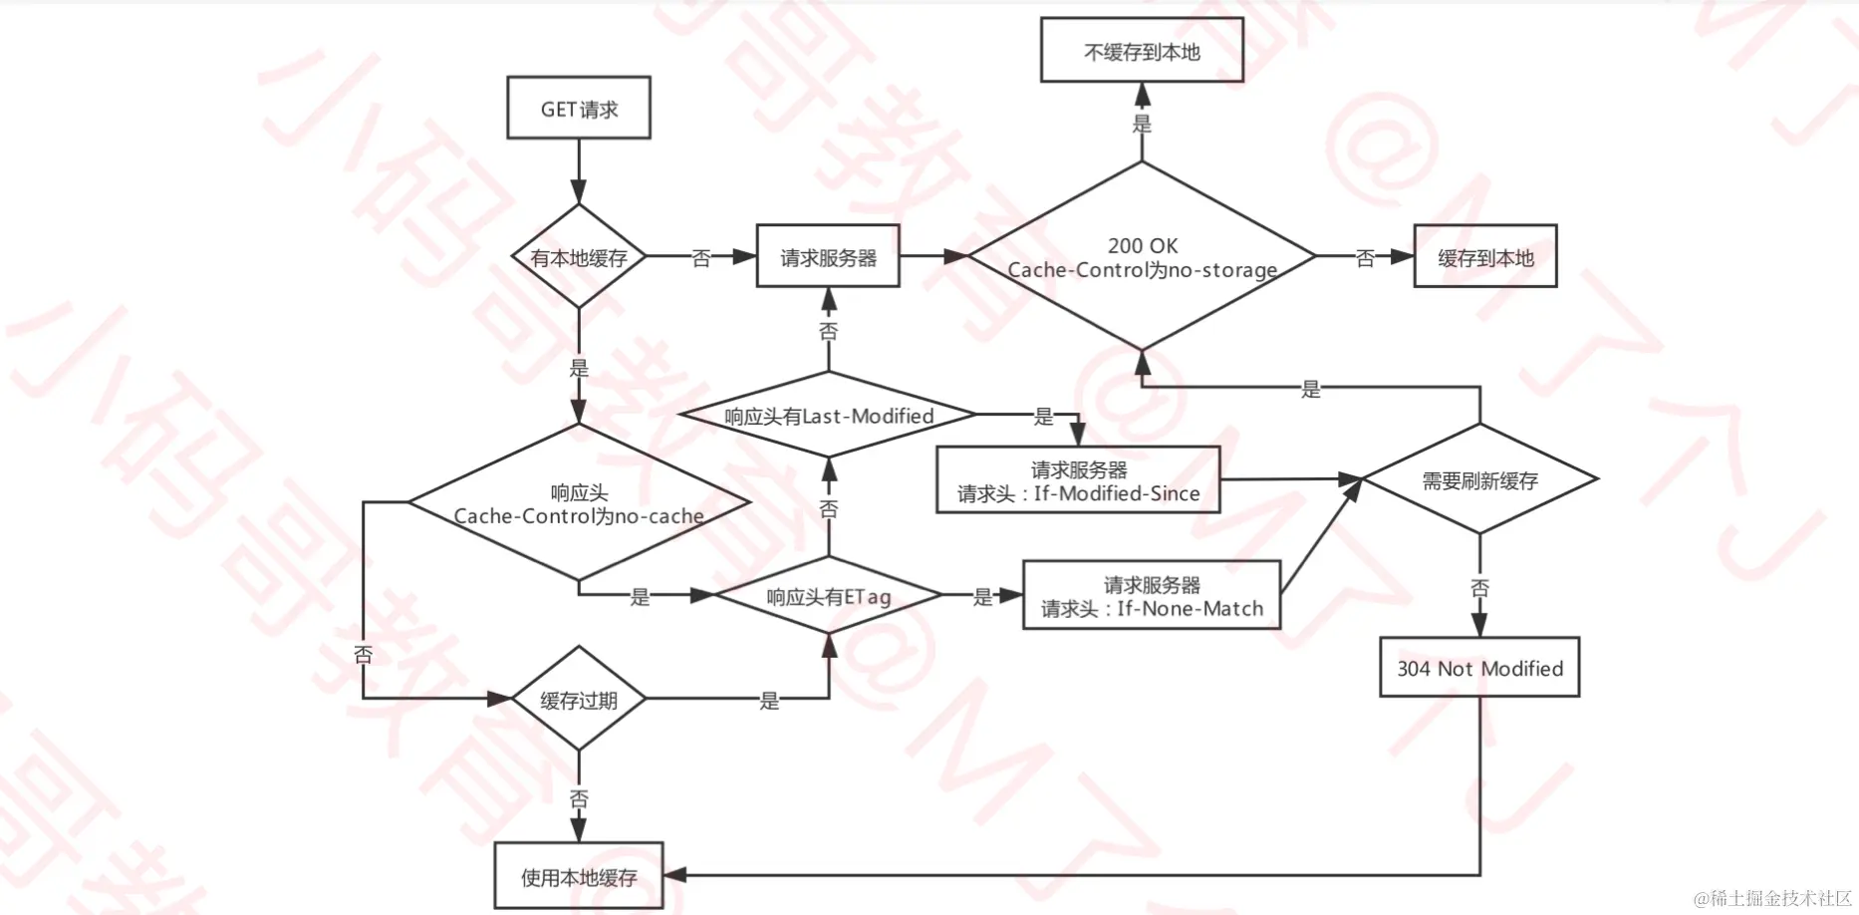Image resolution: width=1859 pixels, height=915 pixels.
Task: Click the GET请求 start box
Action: point(579,109)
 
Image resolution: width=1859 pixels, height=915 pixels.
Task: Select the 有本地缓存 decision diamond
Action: point(579,257)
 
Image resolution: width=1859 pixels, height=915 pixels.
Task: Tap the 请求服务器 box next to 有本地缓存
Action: point(828,257)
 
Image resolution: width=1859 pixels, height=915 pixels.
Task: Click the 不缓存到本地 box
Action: point(1142,51)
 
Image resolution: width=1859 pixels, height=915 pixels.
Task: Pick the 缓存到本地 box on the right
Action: point(1485,257)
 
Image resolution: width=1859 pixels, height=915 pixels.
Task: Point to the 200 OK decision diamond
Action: point(1142,256)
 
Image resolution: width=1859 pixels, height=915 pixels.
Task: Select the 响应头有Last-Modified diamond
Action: point(828,416)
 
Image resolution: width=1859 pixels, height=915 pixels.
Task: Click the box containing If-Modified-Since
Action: point(1078,480)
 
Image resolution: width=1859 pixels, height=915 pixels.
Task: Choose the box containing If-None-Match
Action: point(1152,596)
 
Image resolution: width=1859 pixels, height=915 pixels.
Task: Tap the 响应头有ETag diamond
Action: point(828,596)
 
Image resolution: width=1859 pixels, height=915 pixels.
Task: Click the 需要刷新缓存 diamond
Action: point(1479,480)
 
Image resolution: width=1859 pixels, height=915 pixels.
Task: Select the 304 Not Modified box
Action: point(1479,668)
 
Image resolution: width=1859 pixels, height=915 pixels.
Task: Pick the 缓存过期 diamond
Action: point(579,700)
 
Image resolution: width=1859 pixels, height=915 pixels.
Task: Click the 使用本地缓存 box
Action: point(579,877)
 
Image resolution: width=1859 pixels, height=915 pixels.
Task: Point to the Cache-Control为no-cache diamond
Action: point(579,503)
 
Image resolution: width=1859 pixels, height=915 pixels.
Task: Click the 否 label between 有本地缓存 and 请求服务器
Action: point(701,258)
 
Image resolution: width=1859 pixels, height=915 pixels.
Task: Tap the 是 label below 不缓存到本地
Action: point(1142,124)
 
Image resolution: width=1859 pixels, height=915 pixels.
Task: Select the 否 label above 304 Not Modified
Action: point(1479,588)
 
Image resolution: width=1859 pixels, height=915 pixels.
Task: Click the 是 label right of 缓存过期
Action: point(769,701)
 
